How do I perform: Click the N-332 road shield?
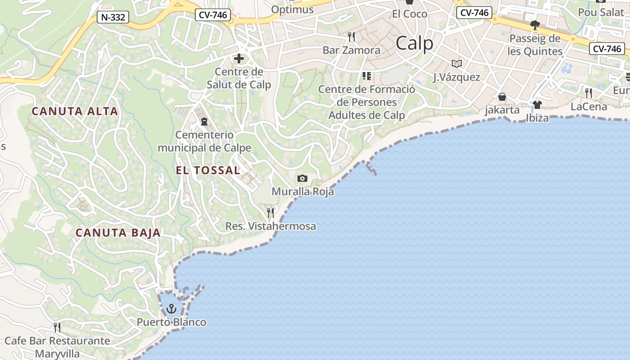(113, 18)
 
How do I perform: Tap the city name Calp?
(414, 44)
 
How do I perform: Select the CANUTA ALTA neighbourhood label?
(75, 111)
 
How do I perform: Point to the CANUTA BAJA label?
(118, 233)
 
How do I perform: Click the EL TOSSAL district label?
(207, 170)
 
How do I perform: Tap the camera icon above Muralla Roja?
(302, 179)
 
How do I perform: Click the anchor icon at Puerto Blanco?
(171, 309)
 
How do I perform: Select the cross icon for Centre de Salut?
(238, 58)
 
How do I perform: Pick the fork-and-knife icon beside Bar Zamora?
(351, 36)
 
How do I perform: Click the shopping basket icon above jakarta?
(502, 97)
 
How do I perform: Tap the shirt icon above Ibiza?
(537, 105)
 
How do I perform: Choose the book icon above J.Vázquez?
(457, 63)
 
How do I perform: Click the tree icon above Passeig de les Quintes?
(535, 25)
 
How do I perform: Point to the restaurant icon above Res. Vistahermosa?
(270, 212)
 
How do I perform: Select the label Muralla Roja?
(302, 192)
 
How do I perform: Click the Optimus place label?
(292, 9)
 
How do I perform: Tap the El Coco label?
(409, 14)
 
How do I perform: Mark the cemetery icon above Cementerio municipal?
(204, 121)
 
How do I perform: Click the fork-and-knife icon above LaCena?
(589, 93)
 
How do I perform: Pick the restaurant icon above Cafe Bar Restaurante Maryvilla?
(57, 327)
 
